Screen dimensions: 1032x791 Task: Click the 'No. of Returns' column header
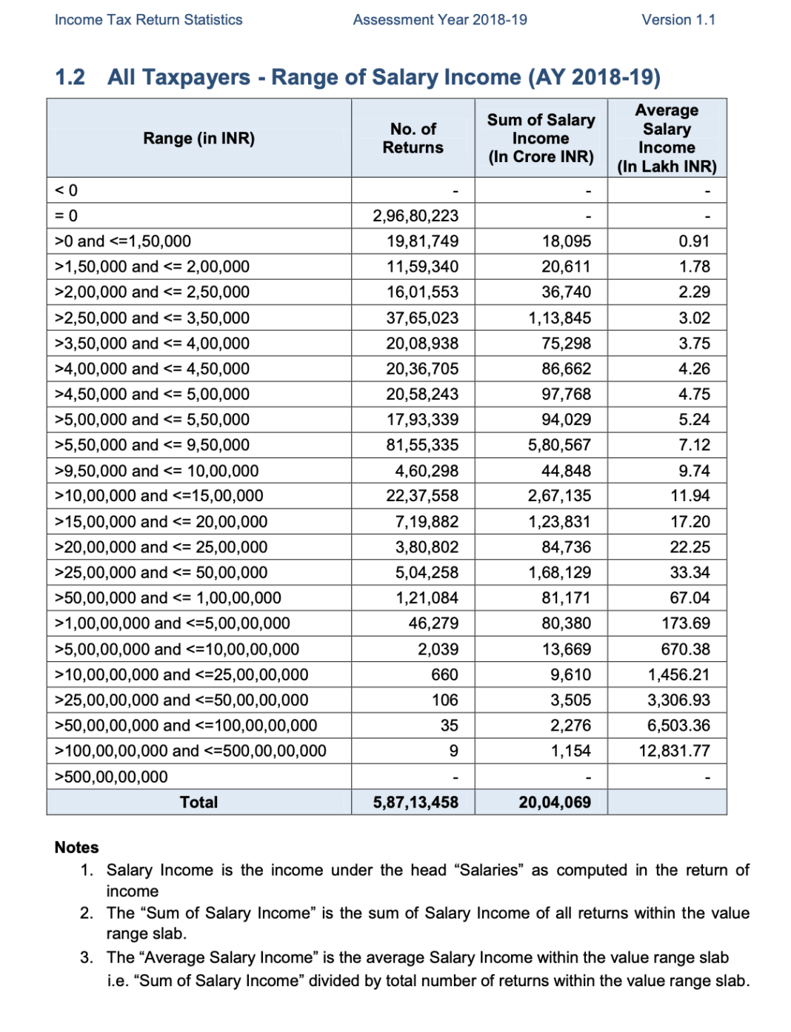(x=413, y=138)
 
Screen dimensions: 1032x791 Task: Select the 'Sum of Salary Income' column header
(x=541, y=138)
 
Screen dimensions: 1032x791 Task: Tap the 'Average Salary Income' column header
(x=667, y=138)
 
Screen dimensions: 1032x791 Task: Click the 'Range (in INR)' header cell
(x=198, y=138)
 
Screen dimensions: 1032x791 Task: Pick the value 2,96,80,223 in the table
(x=415, y=216)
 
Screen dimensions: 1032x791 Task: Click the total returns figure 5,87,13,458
(x=415, y=803)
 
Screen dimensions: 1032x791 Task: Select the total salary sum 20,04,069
(x=555, y=803)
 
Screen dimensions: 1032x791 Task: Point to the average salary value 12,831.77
(x=674, y=751)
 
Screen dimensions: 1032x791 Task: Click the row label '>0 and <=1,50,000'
(x=123, y=241)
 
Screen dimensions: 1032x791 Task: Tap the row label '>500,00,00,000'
(x=111, y=777)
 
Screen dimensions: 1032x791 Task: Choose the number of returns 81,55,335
(x=422, y=445)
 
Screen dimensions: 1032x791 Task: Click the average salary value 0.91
(x=694, y=241)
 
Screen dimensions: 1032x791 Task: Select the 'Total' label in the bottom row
(x=198, y=803)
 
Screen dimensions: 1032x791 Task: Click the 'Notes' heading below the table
(x=76, y=848)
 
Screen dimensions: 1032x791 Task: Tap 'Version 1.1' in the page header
(x=678, y=20)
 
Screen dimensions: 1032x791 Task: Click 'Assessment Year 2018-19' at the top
(x=440, y=20)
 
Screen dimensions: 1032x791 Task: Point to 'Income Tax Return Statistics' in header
(x=148, y=20)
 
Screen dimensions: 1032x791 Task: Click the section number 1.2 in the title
(x=70, y=77)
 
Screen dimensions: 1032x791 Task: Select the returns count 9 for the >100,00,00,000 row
(x=453, y=751)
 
